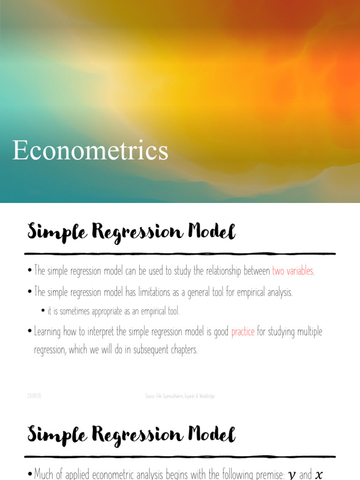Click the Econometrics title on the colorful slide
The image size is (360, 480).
90,150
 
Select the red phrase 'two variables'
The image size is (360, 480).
292,271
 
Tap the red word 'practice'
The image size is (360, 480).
243,332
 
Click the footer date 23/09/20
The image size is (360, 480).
34,396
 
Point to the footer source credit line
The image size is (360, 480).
180,396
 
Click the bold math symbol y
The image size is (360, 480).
292,475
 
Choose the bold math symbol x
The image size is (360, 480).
319,475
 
